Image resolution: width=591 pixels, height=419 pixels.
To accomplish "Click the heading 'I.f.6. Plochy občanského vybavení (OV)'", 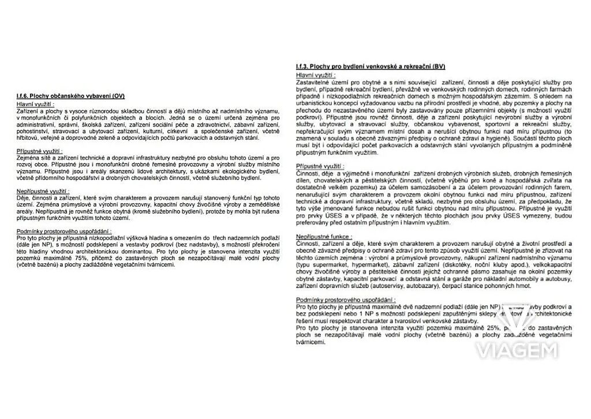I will click(x=71, y=95).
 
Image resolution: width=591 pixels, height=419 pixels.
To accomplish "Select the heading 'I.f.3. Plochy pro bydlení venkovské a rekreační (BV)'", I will click(x=370, y=67).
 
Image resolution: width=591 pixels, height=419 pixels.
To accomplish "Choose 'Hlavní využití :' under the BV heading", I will click(x=315, y=75).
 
